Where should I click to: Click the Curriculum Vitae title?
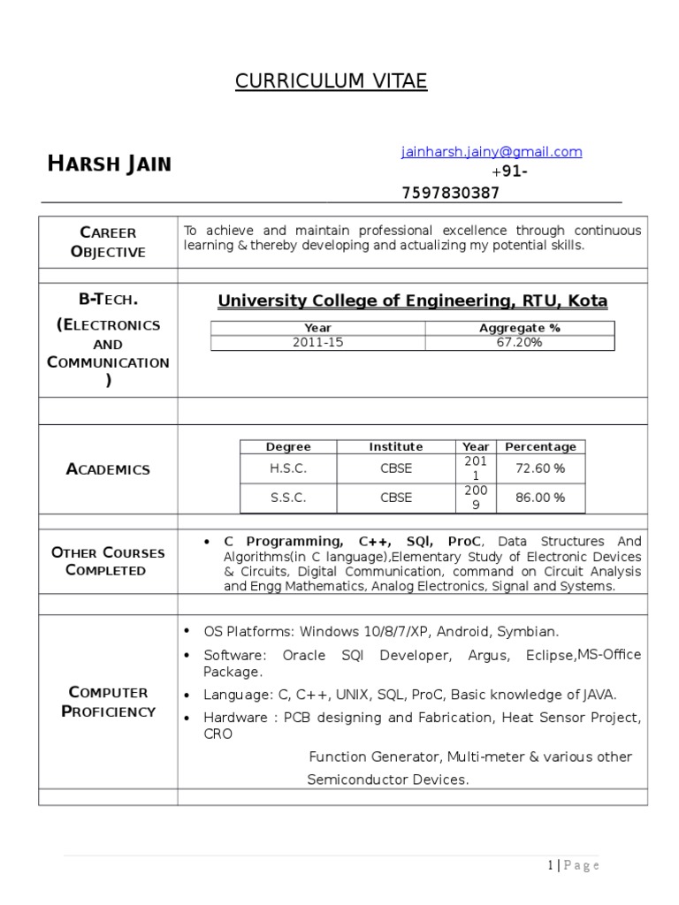click(331, 82)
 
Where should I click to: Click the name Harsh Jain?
click(110, 164)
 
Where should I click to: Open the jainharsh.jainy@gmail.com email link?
click(492, 152)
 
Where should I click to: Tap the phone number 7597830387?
click(450, 193)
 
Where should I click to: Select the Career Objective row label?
click(108, 242)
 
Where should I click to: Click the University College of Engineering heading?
click(412, 301)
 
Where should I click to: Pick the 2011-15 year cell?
click(317, 343)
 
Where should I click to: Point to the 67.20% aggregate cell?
click(519, 343)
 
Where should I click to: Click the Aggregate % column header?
click(519, 328)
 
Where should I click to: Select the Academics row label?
click(108, 469)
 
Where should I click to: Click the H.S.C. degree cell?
click(288, 468)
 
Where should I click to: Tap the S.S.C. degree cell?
click(288, 498)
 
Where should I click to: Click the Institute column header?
click(396, 447)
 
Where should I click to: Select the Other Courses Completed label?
click(108, 561)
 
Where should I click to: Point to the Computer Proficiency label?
click(108, 702)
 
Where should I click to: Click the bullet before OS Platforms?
click(187, 631)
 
